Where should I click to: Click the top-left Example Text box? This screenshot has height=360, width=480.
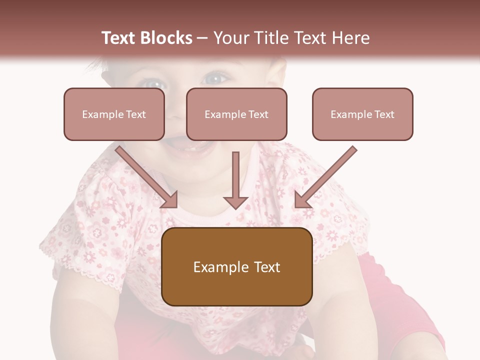(114, 114)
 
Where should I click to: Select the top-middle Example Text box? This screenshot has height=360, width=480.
(236, 114)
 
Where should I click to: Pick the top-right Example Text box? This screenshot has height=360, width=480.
(362, 114)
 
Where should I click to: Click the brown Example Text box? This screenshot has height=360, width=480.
(236, 266)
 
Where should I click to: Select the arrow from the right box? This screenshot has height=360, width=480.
(325, 177)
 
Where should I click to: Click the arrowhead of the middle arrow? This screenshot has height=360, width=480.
(235, 201)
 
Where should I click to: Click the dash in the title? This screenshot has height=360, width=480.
(202, 38)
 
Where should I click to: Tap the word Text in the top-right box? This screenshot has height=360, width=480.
(384, 114)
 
